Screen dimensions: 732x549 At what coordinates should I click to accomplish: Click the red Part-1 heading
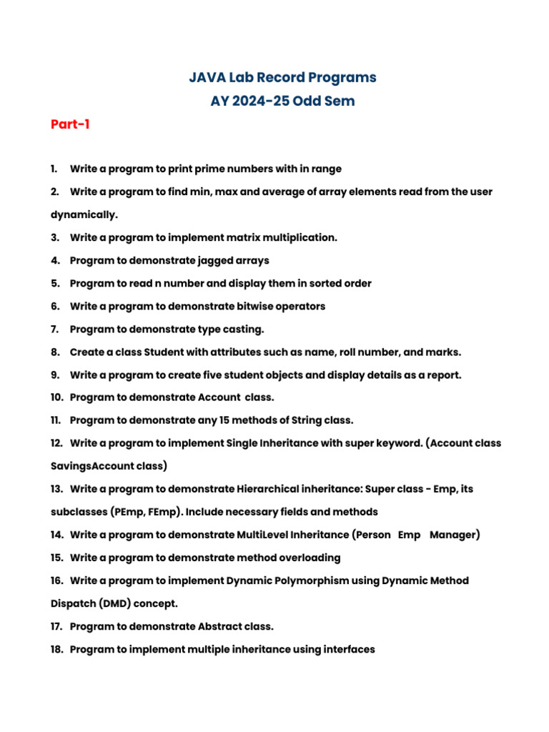[70, 124]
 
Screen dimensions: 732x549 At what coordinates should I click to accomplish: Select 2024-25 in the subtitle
[262, 101]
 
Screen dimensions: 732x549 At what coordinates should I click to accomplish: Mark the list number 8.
[55, 352]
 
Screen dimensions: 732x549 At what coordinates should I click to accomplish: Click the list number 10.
[56, 398]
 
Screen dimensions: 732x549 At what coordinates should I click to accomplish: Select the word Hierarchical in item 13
[266, 490]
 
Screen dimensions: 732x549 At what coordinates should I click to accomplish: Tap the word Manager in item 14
[455, 535]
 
